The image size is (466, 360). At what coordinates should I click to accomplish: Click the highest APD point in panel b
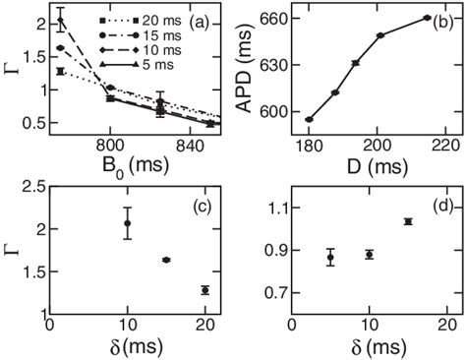427,18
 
